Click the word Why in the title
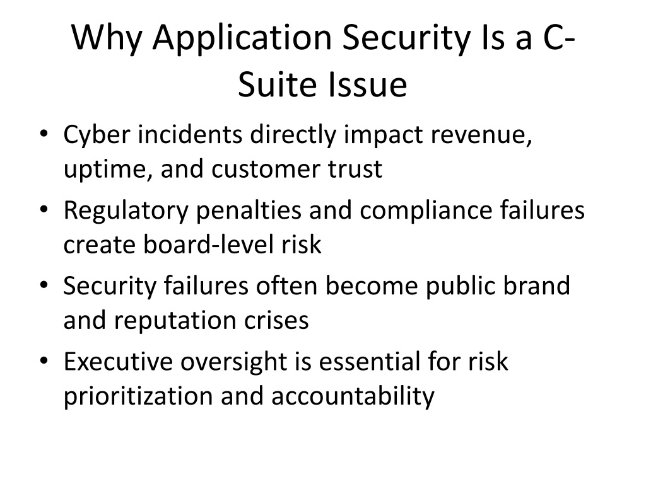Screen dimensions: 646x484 coord(107,38)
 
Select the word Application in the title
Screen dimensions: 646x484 coord(242,38)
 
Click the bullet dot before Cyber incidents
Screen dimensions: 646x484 coord(44,134)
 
